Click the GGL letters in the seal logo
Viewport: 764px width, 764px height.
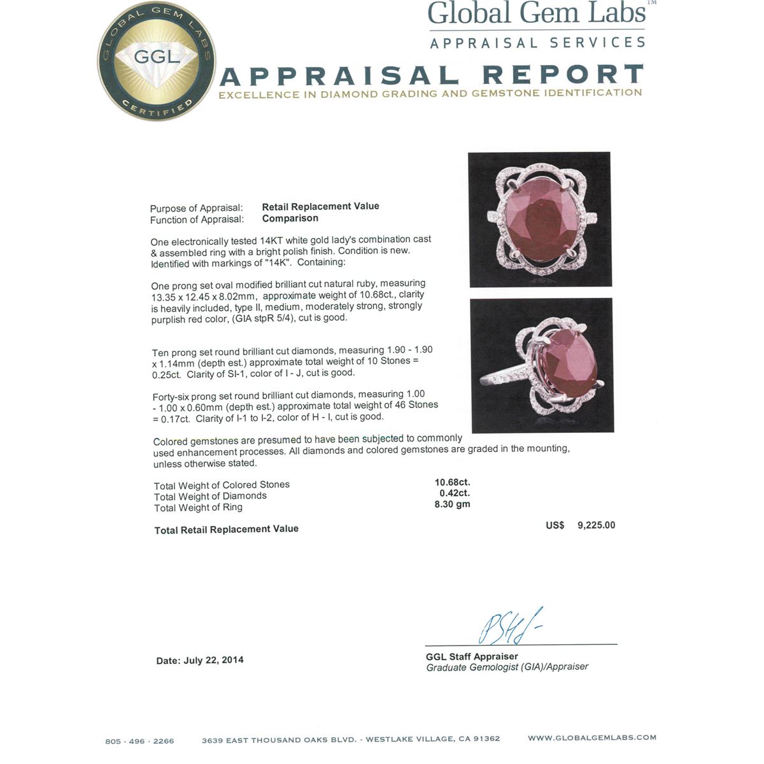pyautogui.click(x=157, y=57)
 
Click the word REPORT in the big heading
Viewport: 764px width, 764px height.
pyautogui.click(x=563, y=75)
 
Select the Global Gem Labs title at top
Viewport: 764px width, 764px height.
pyautogui.click(x=537, y=14)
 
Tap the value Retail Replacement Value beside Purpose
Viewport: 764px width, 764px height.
pyautogui.click(x=320, y=206)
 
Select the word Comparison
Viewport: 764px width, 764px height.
pyautogui.click(x=290, y=218)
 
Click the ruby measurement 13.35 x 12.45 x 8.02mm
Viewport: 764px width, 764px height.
pyautogui.click(x=204, y=296)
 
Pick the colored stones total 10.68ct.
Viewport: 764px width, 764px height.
pyautogui.click(x=452, y=482)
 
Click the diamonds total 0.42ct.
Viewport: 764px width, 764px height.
pyautogui.click(x=455, y=493)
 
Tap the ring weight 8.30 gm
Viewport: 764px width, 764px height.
pyautogui.click(x=452, y=504)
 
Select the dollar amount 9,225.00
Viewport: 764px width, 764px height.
pyautogui.click(x=596, y=525)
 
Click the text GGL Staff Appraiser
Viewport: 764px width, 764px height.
pyautogui.click(x=472, y=656)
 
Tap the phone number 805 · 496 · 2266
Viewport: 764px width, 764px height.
pyautogui.click(x=139, y=741)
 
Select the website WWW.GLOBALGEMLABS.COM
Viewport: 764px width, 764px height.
pyautogui.click(x=591, y=738)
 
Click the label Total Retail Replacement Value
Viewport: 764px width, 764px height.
pyautogui.click(x=226, y=530)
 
